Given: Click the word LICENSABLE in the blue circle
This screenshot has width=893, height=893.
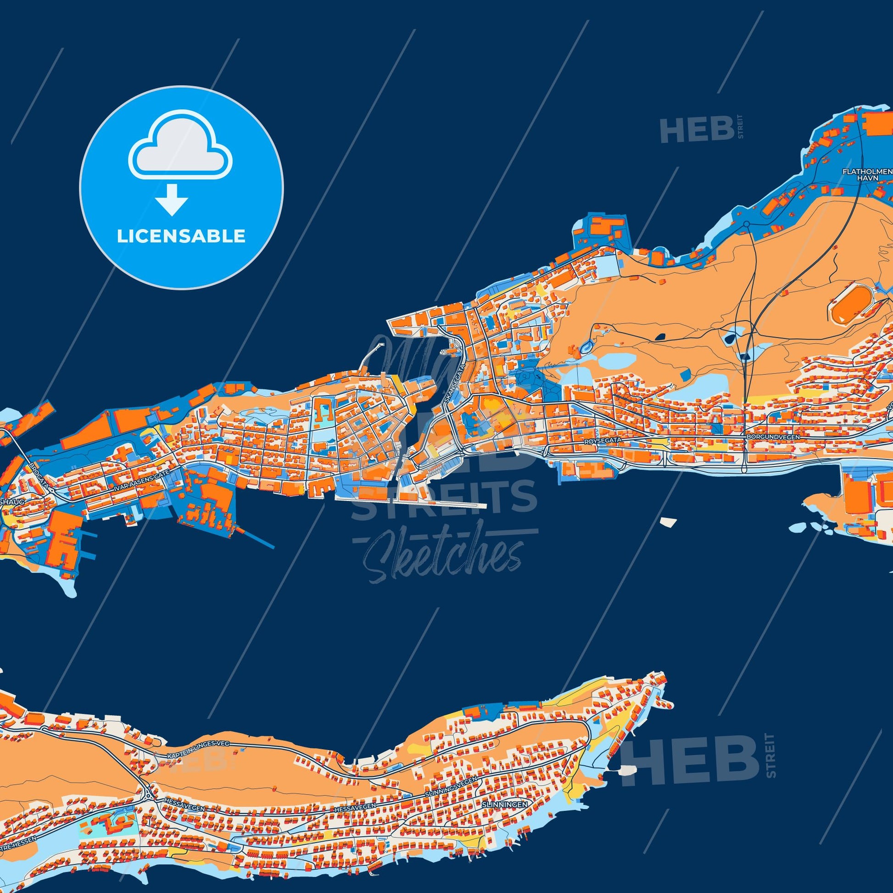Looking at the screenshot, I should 181,236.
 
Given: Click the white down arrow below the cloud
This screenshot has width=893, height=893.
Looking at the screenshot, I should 172,200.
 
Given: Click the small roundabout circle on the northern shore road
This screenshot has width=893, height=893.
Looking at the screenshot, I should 747,224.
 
